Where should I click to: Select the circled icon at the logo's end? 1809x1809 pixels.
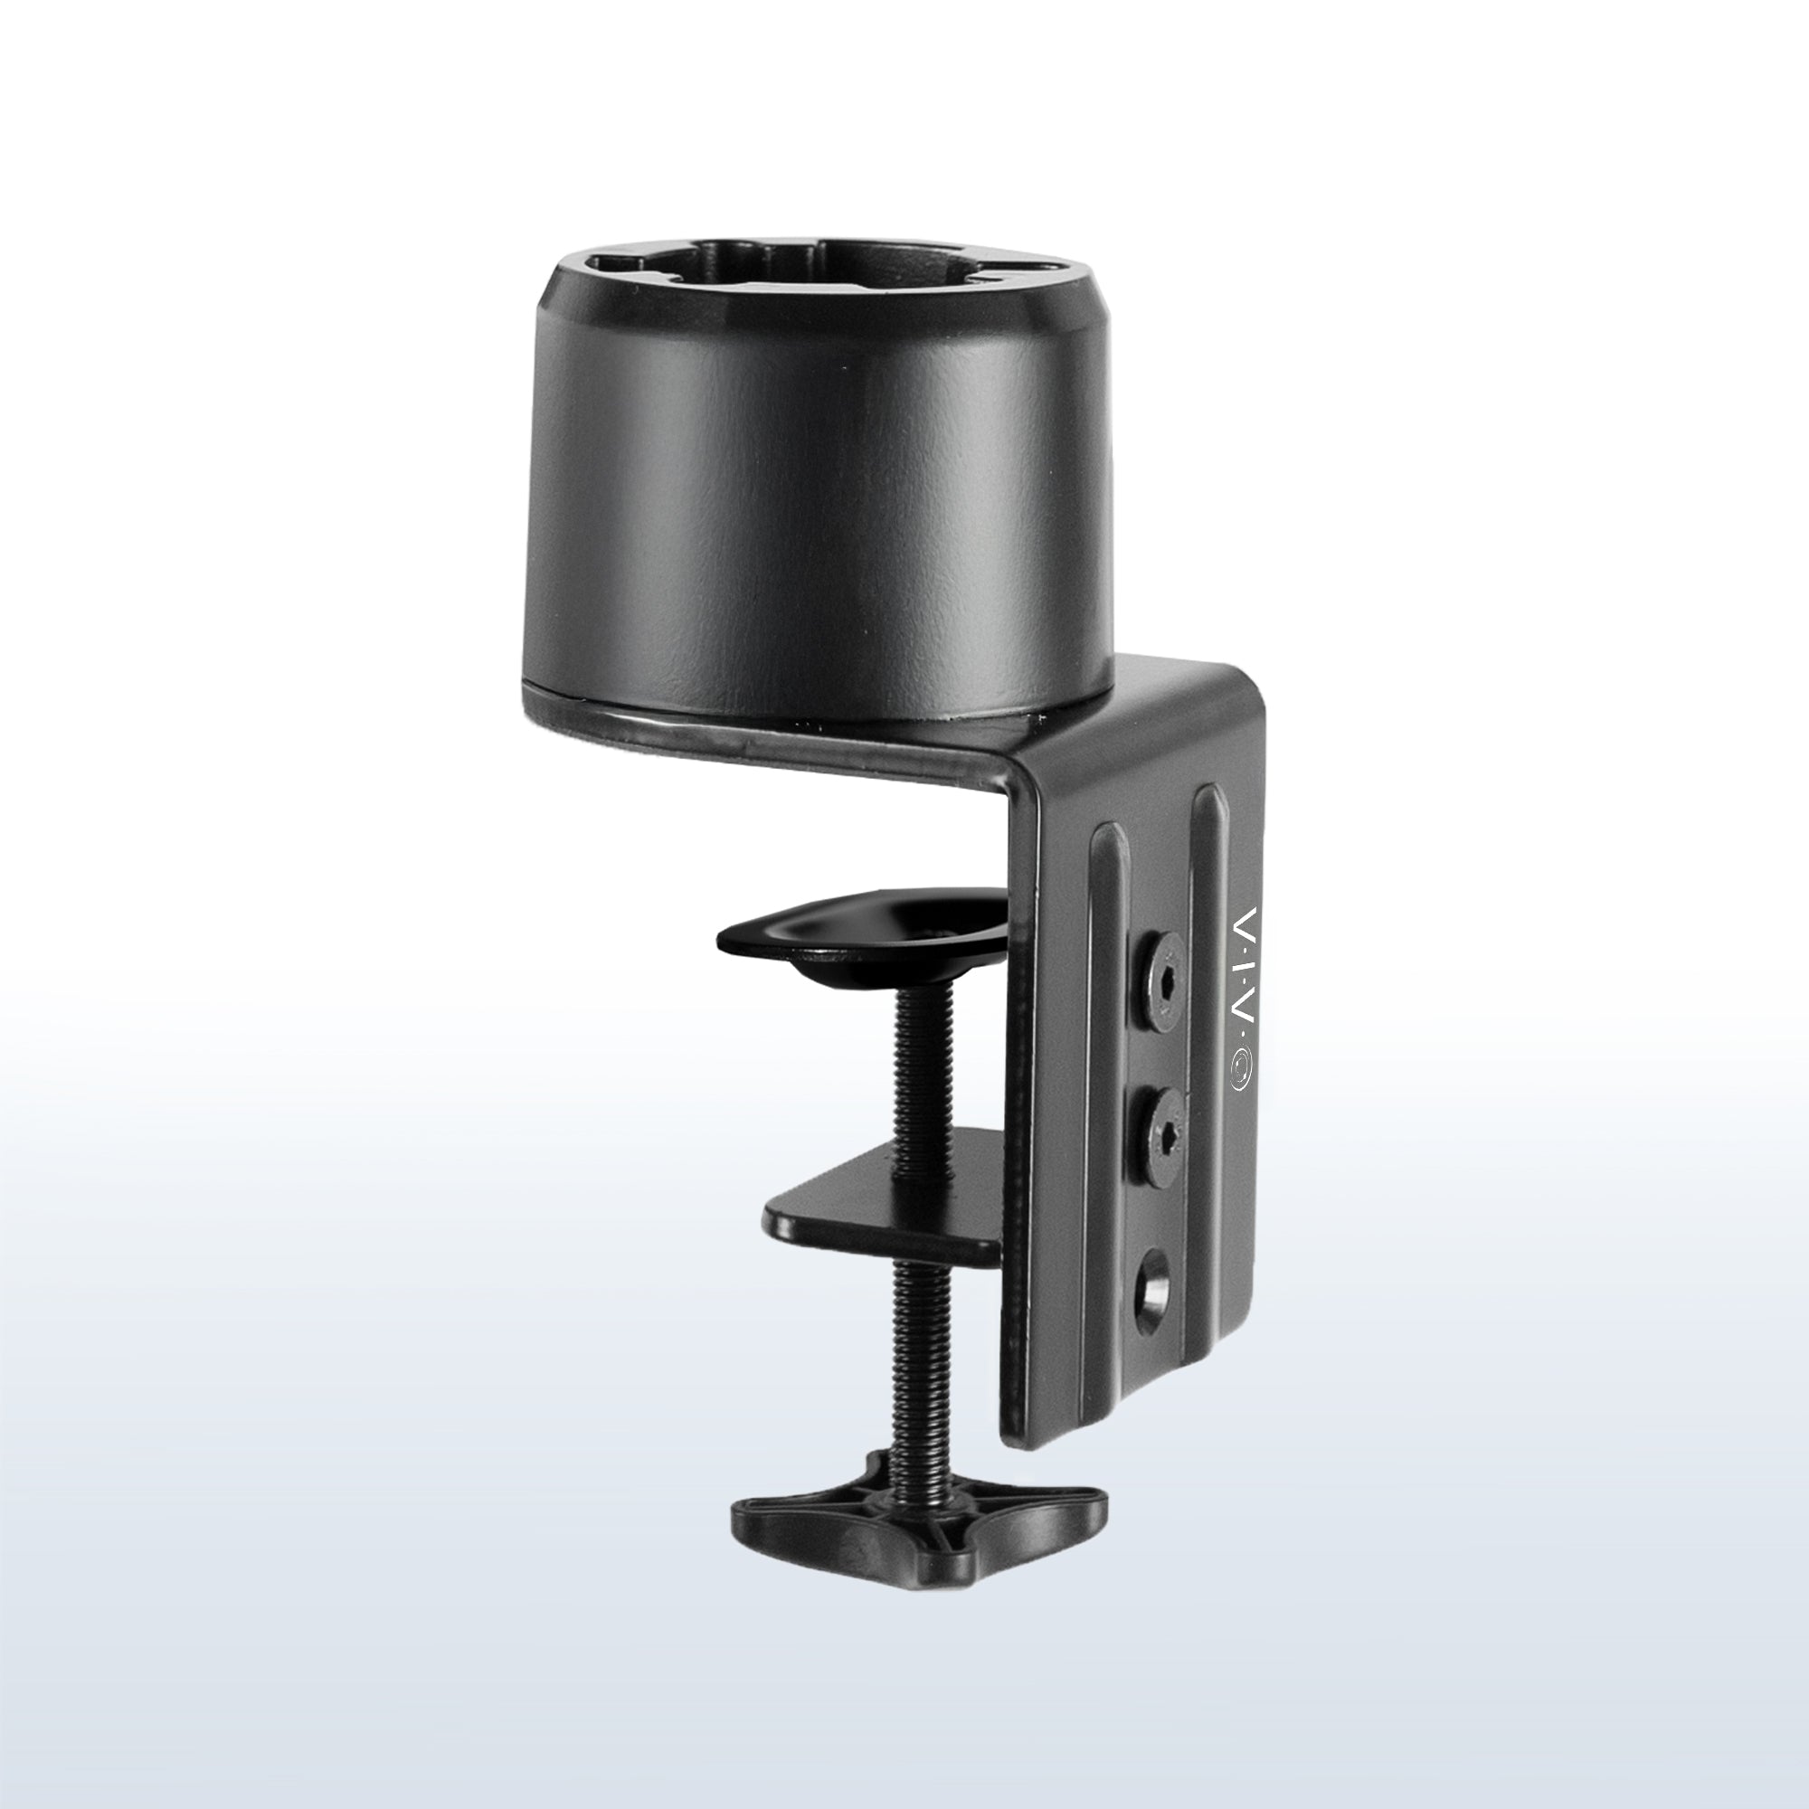coord(1243,1070)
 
